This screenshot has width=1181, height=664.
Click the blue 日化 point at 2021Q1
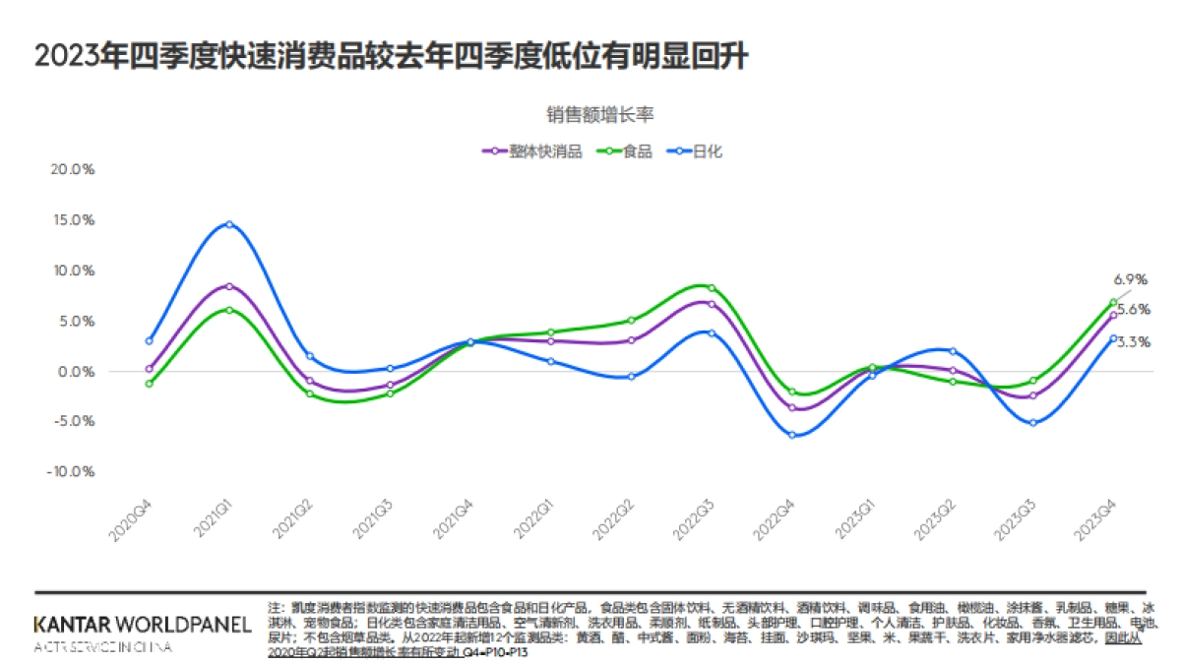[x=229, y=224]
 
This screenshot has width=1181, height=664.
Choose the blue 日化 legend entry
[x=698, y=151]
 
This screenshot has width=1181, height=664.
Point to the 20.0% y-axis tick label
[x=73, y=169]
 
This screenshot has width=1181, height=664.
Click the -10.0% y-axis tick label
[x=71, y=471]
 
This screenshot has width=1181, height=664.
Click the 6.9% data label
[x=1132, y=280]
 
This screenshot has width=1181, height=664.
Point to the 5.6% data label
[x=1134, y=309]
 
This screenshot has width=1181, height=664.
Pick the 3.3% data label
[x=1135, y=342]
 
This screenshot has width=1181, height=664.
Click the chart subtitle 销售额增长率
[x=601, y=114]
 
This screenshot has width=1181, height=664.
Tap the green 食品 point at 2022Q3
[x=712, y=288]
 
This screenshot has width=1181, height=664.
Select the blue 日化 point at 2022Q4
[x=792, y=435]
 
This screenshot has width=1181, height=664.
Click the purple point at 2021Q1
[x=229, y=286]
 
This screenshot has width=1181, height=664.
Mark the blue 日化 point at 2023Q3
[x=1032, y=423]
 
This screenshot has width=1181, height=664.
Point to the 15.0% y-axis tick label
[x=73, y=220]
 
